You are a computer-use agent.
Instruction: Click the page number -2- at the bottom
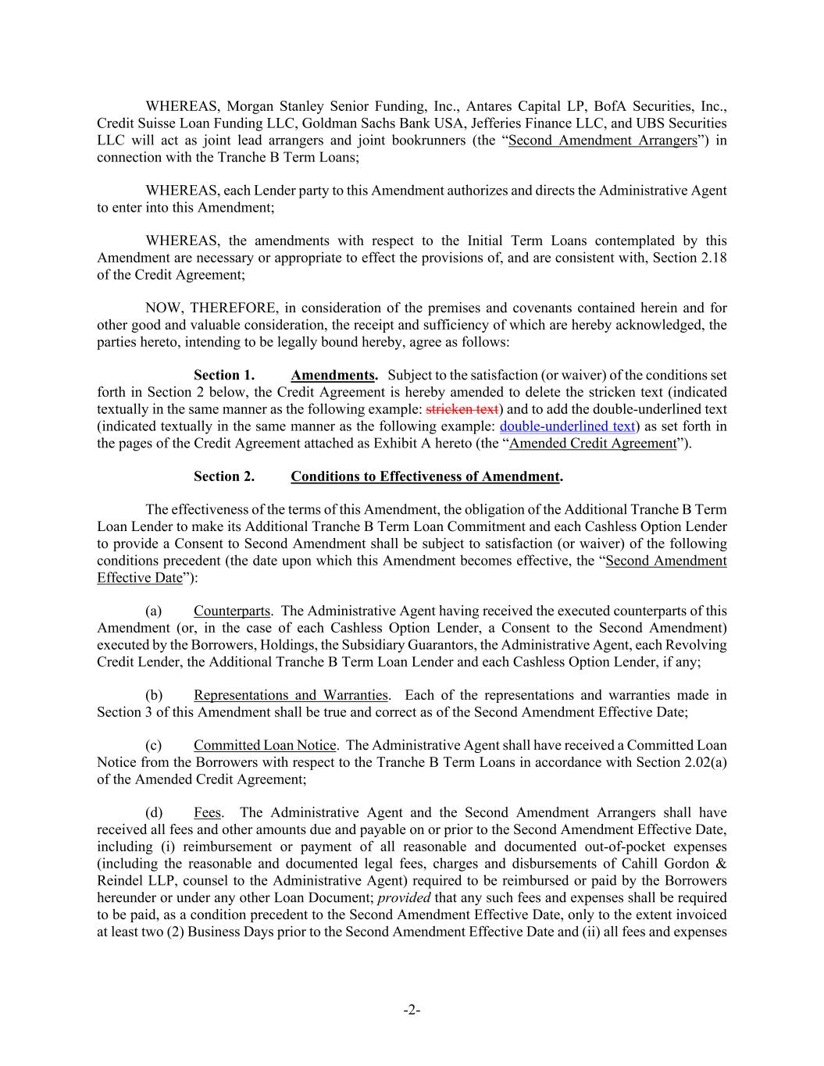412,1011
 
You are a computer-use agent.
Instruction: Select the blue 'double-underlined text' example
567,426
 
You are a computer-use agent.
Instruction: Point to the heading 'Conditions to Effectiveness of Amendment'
425,476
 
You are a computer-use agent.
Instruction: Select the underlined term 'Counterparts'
232,611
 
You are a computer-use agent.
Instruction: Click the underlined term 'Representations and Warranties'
291,695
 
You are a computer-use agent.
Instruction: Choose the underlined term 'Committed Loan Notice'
265,746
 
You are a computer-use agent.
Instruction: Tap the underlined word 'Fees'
208,813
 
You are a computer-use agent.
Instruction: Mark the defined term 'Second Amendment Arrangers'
602,141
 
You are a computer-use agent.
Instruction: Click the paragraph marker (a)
154,611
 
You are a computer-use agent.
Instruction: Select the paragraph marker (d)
154,813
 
